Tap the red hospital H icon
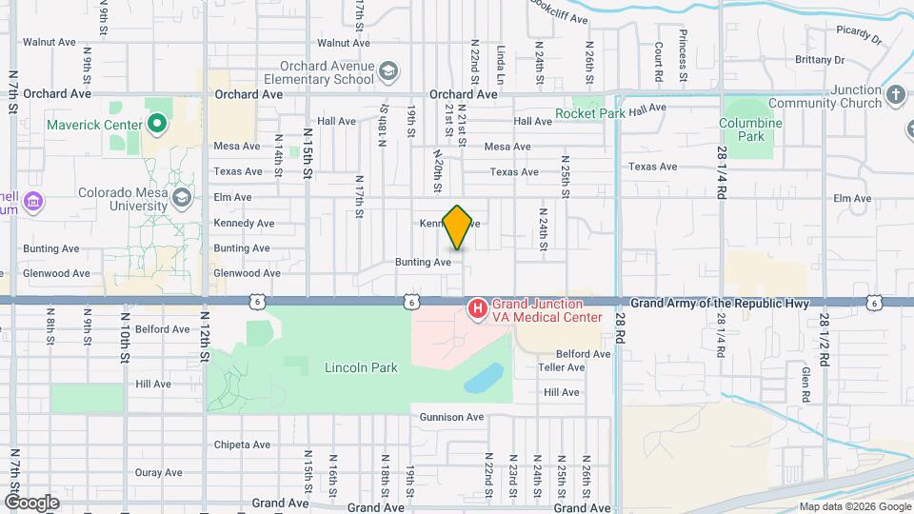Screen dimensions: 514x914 point(477,309)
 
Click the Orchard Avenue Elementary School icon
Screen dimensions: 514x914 point(388,72)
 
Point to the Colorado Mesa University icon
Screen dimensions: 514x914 point(182,198)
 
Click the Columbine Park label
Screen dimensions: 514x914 point(750,129)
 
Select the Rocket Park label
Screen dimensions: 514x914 point(591,114)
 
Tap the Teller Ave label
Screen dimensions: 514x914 point(562,366)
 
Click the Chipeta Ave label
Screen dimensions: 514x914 point(243,445)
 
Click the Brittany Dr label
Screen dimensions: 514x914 point(820,59)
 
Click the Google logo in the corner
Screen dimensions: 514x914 point(31,502)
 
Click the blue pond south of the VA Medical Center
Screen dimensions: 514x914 point(485,378)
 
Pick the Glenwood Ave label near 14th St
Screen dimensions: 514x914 point(248,273)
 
